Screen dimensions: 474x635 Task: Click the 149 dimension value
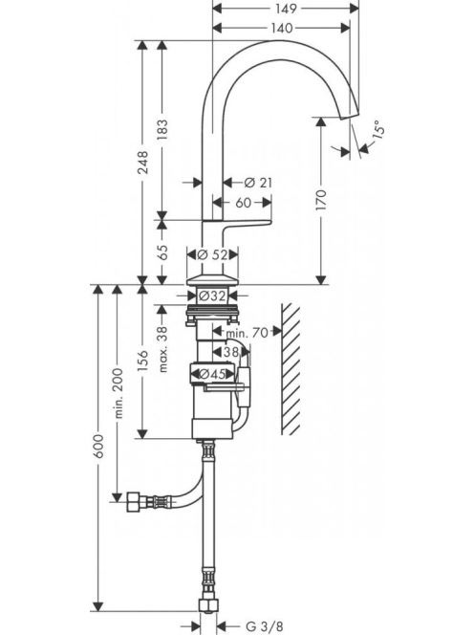point(286,8)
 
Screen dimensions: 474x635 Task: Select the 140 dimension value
point(281,28)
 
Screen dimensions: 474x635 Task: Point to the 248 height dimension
point(143,163)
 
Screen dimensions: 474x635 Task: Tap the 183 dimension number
point(162,130)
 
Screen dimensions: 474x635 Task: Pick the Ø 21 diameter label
point(258,183)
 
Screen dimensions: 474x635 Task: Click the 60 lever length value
point(244,203)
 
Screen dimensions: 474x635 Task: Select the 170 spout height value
point(321,200)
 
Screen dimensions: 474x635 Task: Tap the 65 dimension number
point(162,252)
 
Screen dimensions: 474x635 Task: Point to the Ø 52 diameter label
point(212,254)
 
